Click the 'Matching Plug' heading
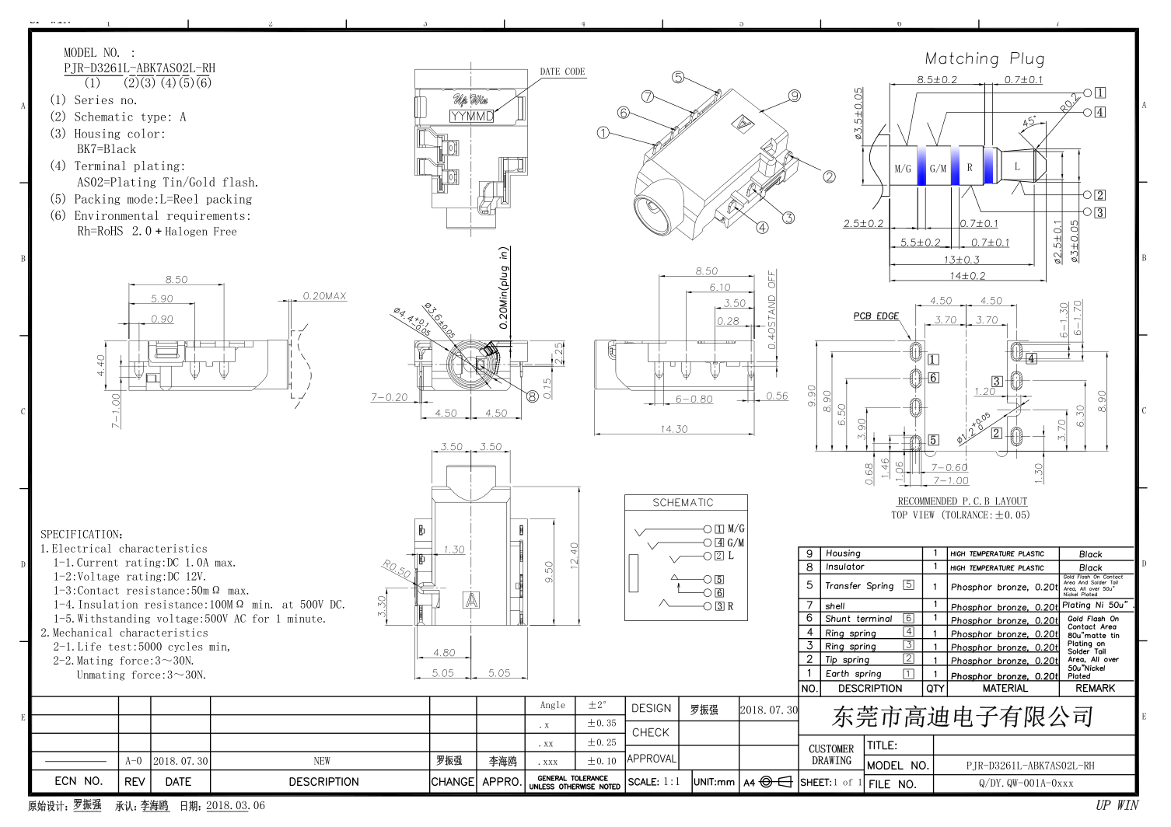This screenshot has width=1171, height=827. (984, 58)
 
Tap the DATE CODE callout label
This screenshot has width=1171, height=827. (562, 72)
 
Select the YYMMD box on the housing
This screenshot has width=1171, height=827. (471, 116)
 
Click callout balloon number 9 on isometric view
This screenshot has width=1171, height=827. (794, 96)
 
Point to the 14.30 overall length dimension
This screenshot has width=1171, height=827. (673, 428)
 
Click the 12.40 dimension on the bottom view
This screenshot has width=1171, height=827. (574, 556)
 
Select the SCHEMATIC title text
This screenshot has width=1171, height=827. (683, 503)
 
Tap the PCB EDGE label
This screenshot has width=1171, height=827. (876, 316)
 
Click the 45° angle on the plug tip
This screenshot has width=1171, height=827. (1029, 122)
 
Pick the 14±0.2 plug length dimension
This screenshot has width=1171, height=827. (967, 275)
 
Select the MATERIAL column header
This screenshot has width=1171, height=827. (1005, 688)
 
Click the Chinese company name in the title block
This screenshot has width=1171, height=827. (963, 717)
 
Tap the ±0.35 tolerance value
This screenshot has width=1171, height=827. (601, 723)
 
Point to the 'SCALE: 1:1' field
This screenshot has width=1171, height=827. (654, 782)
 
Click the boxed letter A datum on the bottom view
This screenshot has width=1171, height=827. (471, 600)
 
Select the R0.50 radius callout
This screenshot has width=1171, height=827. (397, 568)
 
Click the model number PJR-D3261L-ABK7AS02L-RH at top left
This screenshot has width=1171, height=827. (139, 68)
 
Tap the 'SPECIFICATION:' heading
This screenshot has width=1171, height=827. (82, 535)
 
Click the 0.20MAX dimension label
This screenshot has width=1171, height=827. (324, 296)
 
